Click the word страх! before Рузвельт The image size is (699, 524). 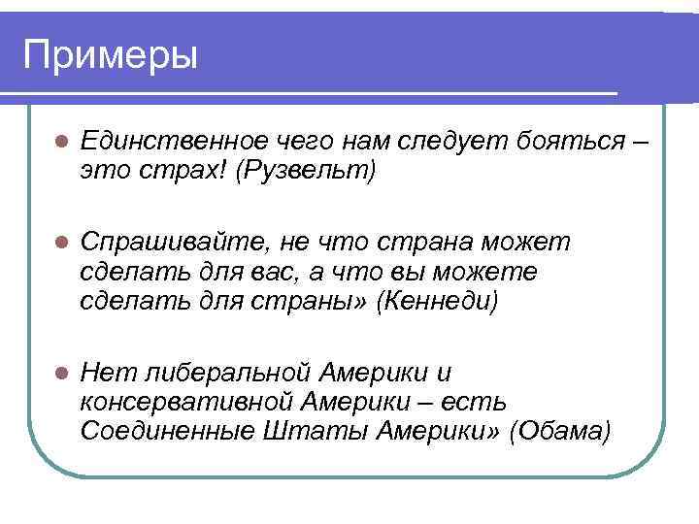click(x=177, y=171)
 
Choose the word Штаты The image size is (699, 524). click(x=297, y=431)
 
